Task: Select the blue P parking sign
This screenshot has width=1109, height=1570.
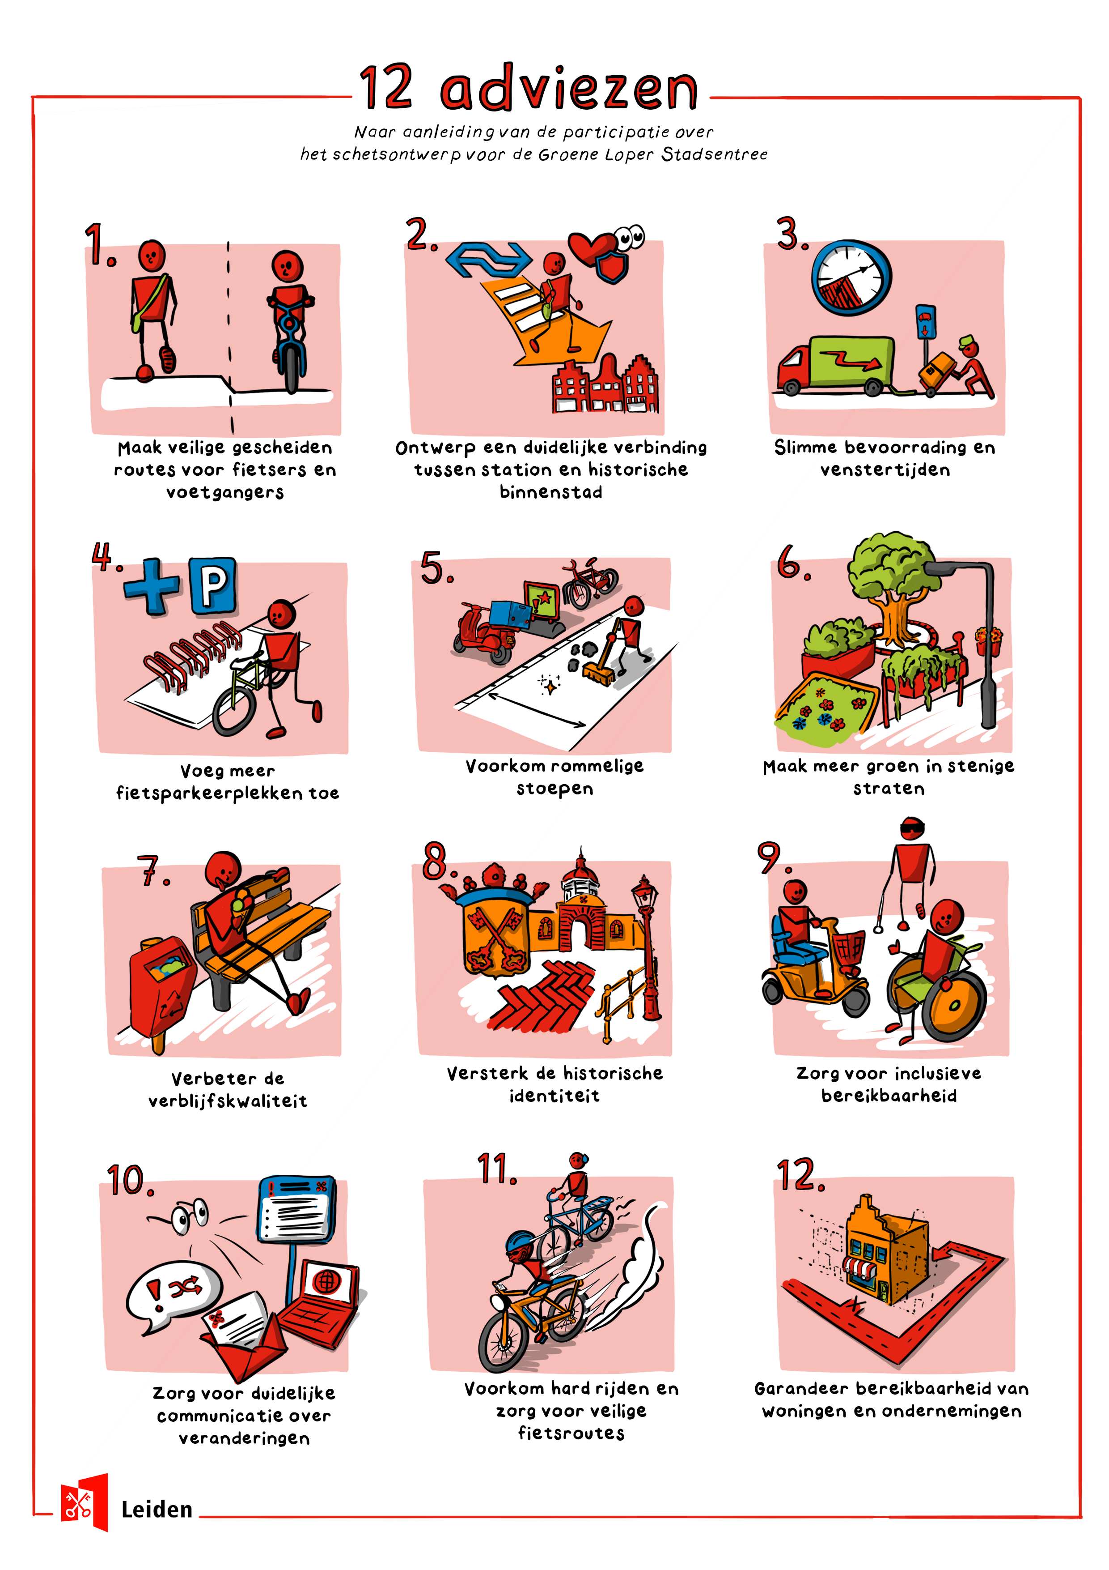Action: tap(213, 585)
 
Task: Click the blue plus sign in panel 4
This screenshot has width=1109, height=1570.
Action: tap(153, 586)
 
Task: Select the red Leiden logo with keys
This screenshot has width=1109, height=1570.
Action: tap(84, 1502)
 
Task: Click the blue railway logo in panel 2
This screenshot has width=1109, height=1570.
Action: tap(489, 259)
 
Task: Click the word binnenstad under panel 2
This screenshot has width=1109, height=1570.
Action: tap(551, 492)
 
